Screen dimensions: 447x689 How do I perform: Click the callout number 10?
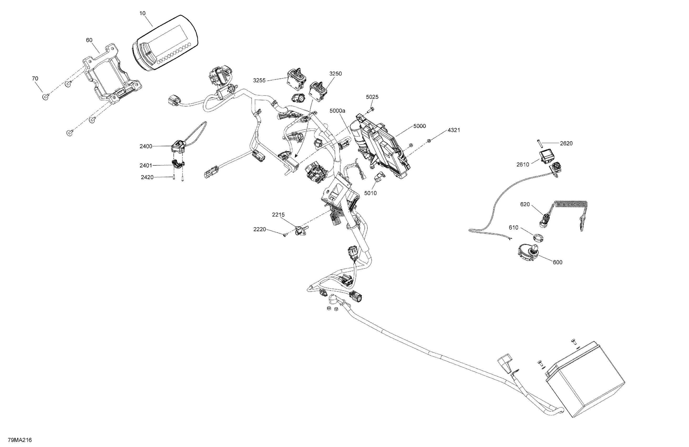pos(142,13)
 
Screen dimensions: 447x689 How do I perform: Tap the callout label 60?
pos(89,40)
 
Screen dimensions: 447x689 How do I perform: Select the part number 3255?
pos(259,80)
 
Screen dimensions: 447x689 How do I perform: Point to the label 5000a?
pos(337,111)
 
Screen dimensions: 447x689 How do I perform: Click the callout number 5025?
pos(372,97)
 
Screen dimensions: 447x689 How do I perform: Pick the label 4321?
pos(454,130)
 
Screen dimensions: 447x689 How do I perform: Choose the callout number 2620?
pos(566,143)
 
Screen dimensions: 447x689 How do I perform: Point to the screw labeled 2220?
pos(285,235)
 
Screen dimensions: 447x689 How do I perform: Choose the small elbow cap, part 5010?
pos(378,177)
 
